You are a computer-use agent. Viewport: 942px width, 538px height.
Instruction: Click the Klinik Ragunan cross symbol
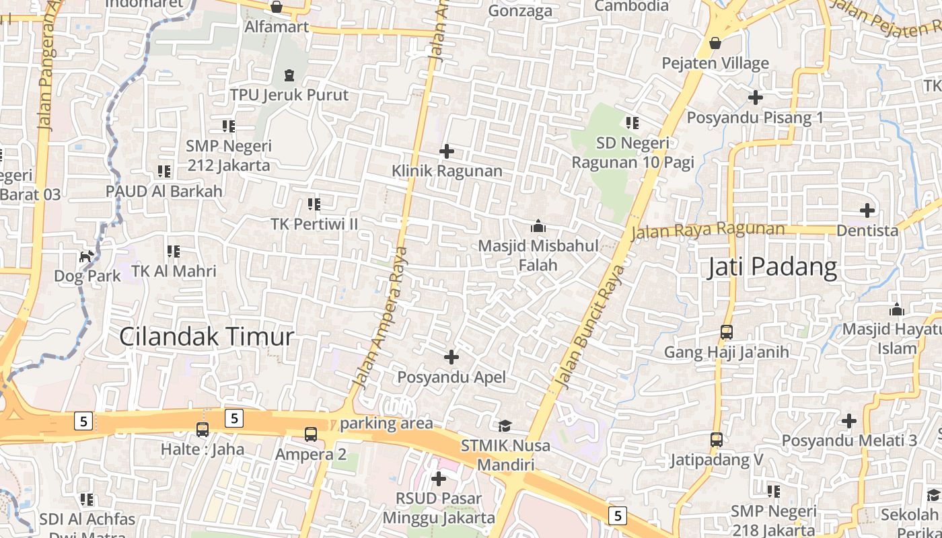[446, 151]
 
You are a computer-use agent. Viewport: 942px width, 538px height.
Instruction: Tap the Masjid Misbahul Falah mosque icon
[538, 226]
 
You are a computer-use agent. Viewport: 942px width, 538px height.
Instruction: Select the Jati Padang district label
[772, 267]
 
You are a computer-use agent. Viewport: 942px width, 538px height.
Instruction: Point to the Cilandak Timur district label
[207, 336]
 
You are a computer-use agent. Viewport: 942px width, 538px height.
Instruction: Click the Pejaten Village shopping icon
[715, 44]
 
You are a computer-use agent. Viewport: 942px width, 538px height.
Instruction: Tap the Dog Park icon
[86, 256]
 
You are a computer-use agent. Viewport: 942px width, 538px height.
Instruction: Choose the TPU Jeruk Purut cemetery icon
[289, 75]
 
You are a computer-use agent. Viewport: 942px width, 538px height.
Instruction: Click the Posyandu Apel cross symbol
[451, 357]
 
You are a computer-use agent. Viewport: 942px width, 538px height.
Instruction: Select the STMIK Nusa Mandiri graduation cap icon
[505, 426]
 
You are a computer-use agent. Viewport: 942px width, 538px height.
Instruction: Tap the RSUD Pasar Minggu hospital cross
[439, 479]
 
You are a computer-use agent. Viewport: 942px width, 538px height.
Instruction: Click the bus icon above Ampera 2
[310, 434]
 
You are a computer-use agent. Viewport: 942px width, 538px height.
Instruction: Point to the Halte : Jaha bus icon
[202, 429]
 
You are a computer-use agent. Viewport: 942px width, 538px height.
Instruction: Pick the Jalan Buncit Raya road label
[592, 328]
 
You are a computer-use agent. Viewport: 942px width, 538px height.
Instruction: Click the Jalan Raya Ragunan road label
[707, 230]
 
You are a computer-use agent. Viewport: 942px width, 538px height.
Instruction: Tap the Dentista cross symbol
[867, 210]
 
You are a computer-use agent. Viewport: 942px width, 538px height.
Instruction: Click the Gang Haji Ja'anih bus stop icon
[726, 332]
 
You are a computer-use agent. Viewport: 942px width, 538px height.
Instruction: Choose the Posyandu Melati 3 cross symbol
[849, 422]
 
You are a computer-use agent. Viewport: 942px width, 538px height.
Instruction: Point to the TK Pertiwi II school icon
[314, 204]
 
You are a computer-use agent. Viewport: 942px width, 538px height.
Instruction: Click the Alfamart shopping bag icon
[276, 7]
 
